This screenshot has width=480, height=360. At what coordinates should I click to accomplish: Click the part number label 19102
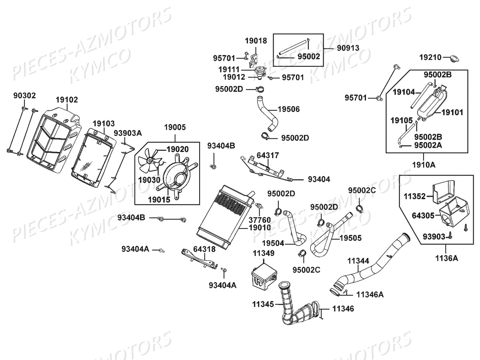point(67,100)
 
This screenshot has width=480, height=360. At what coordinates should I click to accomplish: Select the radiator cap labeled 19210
point(454,58)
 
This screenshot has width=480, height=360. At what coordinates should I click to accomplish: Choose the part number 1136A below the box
point(447,258)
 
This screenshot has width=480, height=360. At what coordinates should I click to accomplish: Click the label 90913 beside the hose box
point(348,48)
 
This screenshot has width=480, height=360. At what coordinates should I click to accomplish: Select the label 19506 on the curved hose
point(288,109)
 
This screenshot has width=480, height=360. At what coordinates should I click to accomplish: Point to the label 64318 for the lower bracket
point(204,249)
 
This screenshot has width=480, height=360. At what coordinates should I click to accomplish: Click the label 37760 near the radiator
point(260,220)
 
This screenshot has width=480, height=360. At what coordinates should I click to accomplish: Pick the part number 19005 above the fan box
point(175,128)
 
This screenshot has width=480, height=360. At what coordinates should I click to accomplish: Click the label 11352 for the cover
point(415,196)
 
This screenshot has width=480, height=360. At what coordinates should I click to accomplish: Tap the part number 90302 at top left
point(24,95)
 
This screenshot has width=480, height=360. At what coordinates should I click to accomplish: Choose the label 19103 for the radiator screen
point(104,123)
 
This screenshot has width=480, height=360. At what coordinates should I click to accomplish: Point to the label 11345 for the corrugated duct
point(263,304)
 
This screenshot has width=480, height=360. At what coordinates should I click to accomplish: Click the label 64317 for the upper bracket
point(268,155)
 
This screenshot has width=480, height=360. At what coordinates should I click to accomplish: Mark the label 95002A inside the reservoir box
point(428,145)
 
